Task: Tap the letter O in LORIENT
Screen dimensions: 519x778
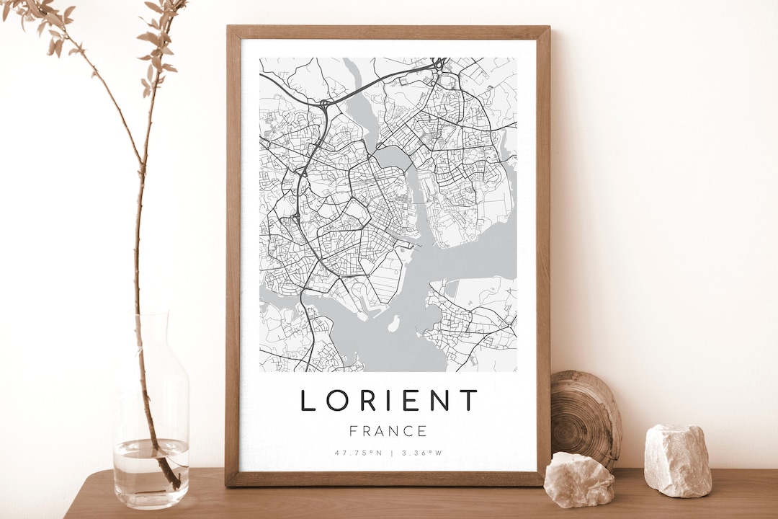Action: [x=336, y=400]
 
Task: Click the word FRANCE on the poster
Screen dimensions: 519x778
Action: [x=388, y=431]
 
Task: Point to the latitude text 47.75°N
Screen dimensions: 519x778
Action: [x=358, y=453]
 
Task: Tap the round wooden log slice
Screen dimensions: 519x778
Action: [x=584, y=417]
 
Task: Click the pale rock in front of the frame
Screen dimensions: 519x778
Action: [x=578, y=479]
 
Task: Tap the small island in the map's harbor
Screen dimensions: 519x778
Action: [x=394, y=324]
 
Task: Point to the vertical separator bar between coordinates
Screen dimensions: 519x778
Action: [x=391, y=453]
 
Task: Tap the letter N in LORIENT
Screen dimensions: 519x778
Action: [x=439, y=400]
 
